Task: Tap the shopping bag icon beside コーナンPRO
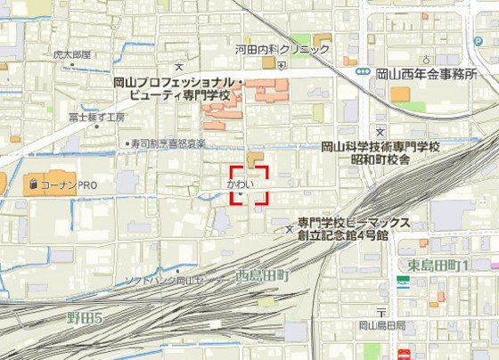(33, 185)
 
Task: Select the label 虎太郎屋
(71, 55)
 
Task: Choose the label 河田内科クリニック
(282, 50)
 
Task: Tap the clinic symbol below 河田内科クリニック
(282, 64)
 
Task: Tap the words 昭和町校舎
(380, 160)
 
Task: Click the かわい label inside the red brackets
(241, 184)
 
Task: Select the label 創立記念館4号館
(343, 236)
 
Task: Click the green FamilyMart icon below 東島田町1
(404, 282)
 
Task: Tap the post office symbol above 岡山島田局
(381, 313)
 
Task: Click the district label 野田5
(86, 318)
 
